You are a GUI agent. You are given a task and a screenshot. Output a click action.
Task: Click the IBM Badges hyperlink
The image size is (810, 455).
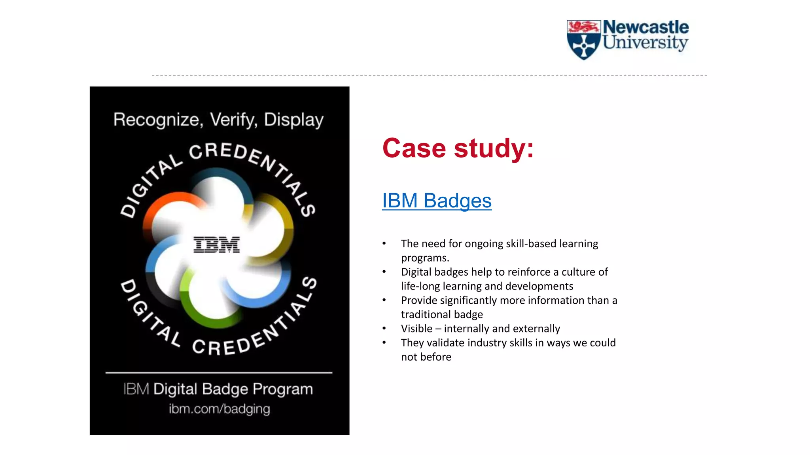point(437,201)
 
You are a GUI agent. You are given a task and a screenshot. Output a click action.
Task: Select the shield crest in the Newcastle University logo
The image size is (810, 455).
point(583,40)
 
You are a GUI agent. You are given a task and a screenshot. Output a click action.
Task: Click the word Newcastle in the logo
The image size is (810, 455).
point(645,28)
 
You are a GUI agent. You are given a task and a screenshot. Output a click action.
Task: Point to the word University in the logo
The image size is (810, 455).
point(645,43)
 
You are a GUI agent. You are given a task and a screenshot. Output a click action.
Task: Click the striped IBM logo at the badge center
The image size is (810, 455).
point(216,244)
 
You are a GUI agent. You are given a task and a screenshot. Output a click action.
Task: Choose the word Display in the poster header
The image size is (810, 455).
point(294,120)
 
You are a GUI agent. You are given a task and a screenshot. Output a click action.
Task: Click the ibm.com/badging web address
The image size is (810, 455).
point(219,409)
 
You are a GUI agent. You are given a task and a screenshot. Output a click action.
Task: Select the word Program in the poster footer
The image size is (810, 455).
point(283,389)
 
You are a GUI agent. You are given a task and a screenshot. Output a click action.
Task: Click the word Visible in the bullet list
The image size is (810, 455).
point(416,329)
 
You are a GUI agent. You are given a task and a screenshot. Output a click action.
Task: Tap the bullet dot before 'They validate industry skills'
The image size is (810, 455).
point(384,342)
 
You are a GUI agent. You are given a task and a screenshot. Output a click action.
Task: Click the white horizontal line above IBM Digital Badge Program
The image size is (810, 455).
point(219,372)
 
